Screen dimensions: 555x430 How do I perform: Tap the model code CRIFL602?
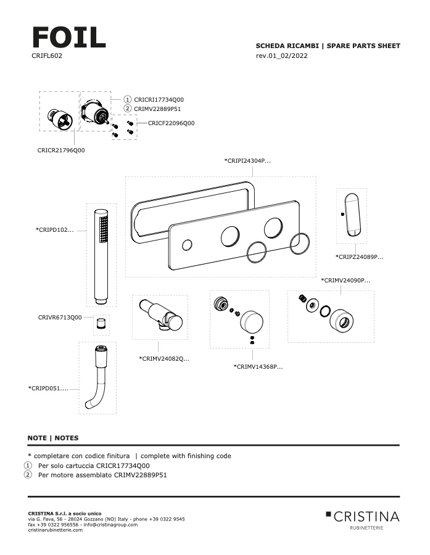pyautogui.click(x=46, y=55)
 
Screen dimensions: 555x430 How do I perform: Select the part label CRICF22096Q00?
pyautogui.click(x=171, y=123)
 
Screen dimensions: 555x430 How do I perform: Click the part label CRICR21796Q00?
pyautogui.click(x=61, y=150)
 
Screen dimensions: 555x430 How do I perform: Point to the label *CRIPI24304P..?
pyautogui.click(x=247, y=161)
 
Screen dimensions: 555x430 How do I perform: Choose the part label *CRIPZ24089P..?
pyautogui.click(x=359, y=257)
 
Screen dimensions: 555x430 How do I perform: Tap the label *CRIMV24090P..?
pyautogui.click(x=345, y=280)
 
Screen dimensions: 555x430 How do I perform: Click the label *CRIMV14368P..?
pyautogui.click(x=258, y=367)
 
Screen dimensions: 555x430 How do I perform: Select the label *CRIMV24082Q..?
pyautogui.click(x=164, y=358)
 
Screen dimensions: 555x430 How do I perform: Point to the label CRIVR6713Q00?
pyautogui.click(x=60, y=317)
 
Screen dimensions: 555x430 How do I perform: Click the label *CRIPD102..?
pyautogui.click(x=54, y=230)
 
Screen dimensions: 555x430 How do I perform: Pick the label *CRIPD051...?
pyautogui.click(x=48, y=388)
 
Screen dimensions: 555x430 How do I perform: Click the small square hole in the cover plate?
pyautogui.click(x=187, y=246)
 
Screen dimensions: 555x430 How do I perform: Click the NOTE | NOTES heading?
pyautogui.click(x=53, y=438)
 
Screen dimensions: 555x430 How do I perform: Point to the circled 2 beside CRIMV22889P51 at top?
pyautogui.click(x=128, y=108)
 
